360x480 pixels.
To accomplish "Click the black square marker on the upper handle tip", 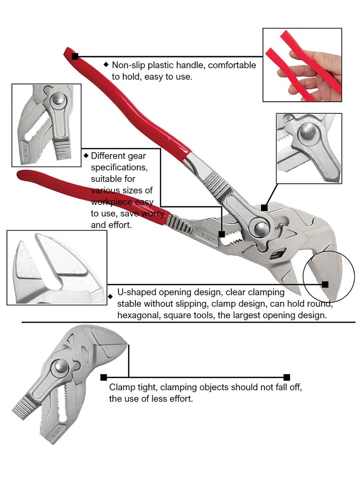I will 75,57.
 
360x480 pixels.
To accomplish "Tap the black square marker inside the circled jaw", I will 325,284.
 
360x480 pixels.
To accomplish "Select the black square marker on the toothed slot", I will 221,234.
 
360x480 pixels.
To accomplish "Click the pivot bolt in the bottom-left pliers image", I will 60,367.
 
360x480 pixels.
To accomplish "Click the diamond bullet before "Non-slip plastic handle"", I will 106,64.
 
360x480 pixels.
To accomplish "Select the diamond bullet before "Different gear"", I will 86,156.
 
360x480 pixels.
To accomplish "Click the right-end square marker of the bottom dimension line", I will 287,377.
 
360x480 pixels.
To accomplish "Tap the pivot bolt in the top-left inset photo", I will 59,99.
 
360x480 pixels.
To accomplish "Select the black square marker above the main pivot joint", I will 264,207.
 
